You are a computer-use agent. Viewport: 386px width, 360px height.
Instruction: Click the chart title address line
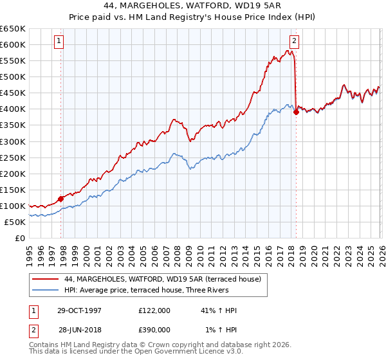192,5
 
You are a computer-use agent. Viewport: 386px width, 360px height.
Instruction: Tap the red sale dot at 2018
296,112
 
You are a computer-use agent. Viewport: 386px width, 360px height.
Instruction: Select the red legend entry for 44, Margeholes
162,280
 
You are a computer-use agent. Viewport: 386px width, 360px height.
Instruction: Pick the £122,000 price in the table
154,310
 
